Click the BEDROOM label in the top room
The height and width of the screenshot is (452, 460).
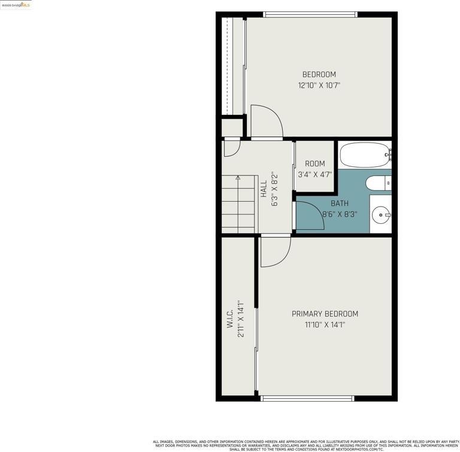pos(319,75)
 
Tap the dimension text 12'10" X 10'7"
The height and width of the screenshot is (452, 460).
pos(319,86)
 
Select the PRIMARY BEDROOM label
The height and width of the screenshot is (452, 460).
pos(325,314)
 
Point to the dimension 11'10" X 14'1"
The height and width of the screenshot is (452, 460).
pos(325,325)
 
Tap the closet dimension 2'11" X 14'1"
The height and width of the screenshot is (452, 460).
pos(241,318)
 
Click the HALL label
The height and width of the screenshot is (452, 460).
pos(264,189)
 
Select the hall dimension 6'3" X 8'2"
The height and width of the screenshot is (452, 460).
pos(275,189)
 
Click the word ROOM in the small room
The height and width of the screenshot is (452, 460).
pos(314,163)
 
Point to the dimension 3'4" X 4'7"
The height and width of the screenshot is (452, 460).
pos(314,175)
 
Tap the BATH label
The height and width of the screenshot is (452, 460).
pos(339,204)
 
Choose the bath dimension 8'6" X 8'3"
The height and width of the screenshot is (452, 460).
pos(339,214)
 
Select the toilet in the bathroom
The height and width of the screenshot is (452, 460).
pos(378,183)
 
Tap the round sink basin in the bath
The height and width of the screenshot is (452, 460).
pos(380,214)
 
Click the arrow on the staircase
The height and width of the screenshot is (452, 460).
pos(238,178)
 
